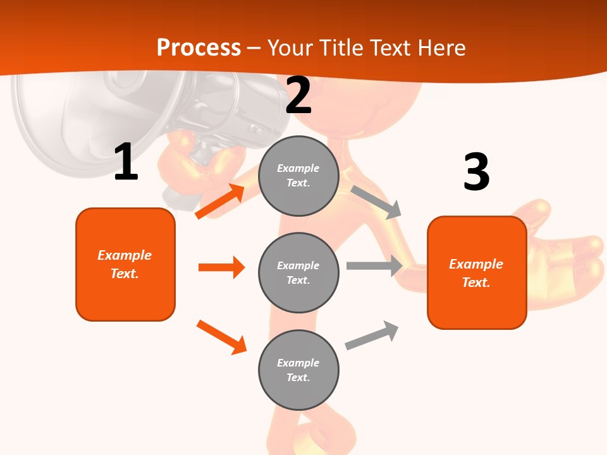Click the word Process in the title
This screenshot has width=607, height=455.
point(199,47)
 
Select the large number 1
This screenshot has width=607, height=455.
point(126,161)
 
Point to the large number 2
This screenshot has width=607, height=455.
point(298,95)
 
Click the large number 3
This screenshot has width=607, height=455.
point(477,171)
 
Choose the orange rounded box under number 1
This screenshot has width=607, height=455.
point(125,265)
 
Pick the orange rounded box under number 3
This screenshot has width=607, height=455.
point(477,273)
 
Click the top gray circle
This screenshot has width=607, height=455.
point(298,176)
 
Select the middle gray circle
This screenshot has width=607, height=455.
point(298,273)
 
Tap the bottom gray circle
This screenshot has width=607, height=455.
point(298,370)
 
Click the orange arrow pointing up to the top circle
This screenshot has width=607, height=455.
point(220,201)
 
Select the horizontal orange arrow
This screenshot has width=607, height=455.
point(221,267)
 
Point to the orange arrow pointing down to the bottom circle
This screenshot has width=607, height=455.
point(221,337)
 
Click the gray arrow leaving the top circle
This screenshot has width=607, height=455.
point(376,202)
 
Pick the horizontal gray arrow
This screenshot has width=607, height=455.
point(374,265)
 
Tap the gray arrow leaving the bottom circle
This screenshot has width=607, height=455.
point(372,335)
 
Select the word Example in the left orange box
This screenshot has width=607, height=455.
point(125,255)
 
